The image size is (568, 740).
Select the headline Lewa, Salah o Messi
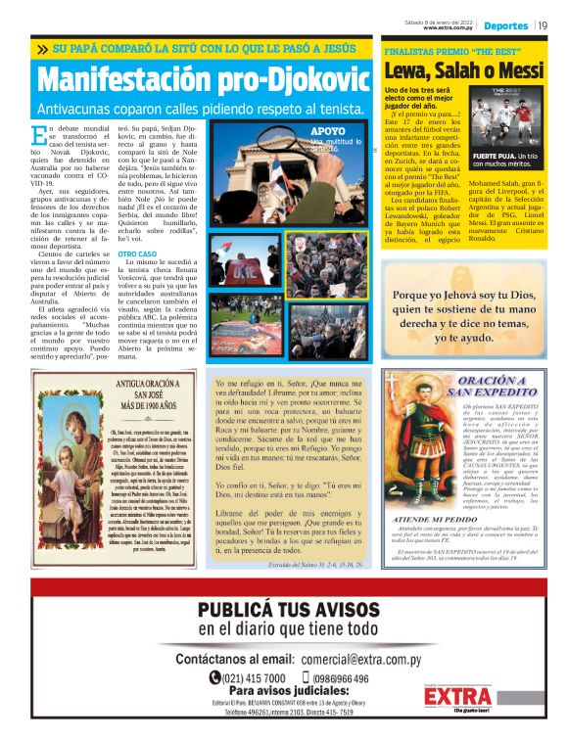(463, 70)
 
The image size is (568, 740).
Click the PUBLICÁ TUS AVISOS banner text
(283, 611)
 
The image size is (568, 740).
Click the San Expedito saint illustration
(410, 452)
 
